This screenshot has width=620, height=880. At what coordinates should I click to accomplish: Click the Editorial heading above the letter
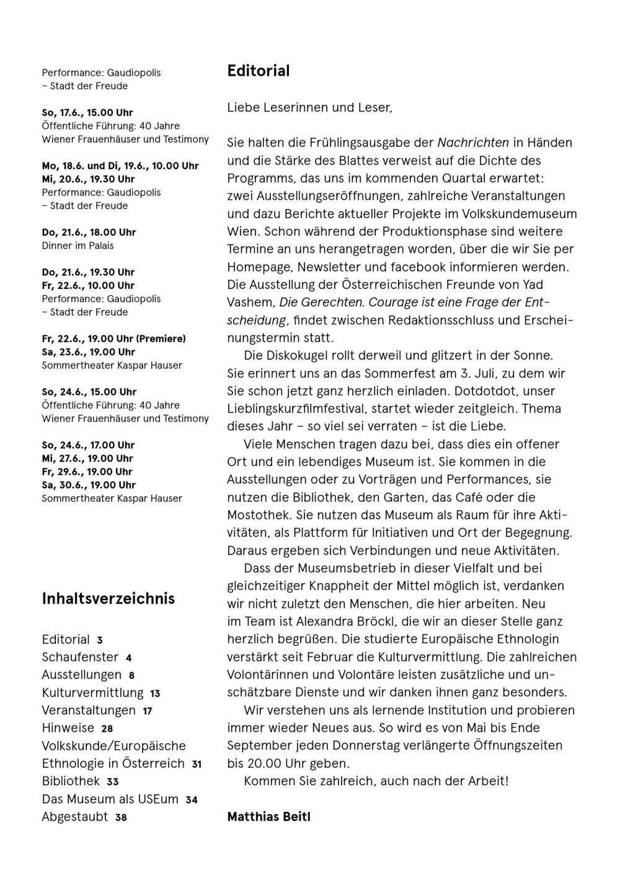coord(259,71)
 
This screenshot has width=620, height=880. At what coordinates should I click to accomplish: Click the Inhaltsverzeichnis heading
coord(108,598)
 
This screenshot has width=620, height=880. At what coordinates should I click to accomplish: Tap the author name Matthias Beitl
coord(268,816)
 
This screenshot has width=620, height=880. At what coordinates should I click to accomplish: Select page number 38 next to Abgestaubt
coord(121,818)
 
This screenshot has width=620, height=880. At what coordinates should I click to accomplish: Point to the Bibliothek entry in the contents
coord(71,781)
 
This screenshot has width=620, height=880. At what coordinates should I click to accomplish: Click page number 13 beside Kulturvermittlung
coord(155,694)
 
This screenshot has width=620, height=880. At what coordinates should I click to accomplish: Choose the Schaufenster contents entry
coord(80,657)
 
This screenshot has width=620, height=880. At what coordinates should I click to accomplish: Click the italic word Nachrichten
coord(473,143)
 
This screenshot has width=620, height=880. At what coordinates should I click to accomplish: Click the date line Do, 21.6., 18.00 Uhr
coord(89,233)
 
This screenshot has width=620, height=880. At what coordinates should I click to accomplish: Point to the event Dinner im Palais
coord(77,246)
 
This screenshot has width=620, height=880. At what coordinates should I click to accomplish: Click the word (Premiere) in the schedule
coord(161,339)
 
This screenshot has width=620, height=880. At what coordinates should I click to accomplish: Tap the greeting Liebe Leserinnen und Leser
coord(309,107)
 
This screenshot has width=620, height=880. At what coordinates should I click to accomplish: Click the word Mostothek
coord(259,515)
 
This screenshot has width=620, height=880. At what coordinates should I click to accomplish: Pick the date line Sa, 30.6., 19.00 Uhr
coord(89,485)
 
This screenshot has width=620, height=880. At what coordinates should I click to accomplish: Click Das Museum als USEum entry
coord(110,799)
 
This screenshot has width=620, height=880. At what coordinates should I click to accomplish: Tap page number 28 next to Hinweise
coord(107,729)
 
